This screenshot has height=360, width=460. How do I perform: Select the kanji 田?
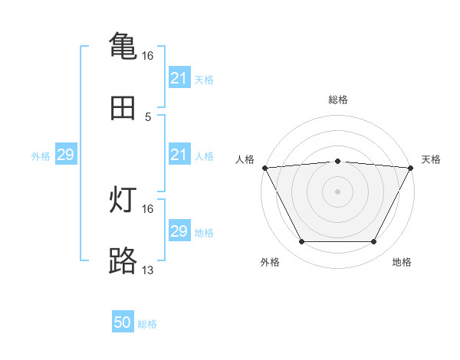coord(123,109)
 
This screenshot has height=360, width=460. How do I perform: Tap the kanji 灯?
coord(123,200)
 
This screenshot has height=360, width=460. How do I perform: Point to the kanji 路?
coord(123,260)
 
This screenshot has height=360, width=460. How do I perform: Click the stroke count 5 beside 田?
coord(148,117)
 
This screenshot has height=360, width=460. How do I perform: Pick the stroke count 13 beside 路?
coord(148,270)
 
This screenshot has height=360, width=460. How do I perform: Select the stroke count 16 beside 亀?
coord(148,56)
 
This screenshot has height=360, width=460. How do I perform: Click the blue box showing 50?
coord(123,323)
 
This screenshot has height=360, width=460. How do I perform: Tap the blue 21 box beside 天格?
coord(179,78)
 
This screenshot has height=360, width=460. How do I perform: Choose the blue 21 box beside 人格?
coord(179,155)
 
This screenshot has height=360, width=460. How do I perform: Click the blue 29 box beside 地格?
coord(179,231)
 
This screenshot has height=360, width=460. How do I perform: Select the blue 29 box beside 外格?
coord(65,155)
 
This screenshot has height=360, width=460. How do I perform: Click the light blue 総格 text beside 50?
coord(147,324)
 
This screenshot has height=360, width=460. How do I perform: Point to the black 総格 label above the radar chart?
coord(338,100)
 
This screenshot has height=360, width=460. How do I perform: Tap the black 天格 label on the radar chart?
coord(432,159)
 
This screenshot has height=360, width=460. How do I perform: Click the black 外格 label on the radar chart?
coord(270,262)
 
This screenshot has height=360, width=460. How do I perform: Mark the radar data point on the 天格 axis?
coord(411,168)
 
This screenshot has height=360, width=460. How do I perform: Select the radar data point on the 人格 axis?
coord(265,168)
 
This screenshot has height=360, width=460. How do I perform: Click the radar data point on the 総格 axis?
coord(338,161)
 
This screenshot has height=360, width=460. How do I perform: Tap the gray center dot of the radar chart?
coord(338,191)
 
